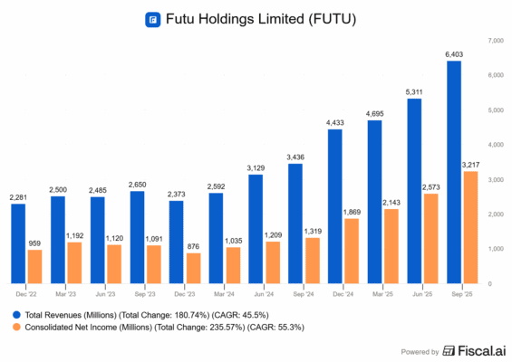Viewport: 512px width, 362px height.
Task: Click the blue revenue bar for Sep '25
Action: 454,172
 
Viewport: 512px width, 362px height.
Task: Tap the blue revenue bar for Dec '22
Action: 18,243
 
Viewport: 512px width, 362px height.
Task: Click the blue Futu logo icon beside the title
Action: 153,18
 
